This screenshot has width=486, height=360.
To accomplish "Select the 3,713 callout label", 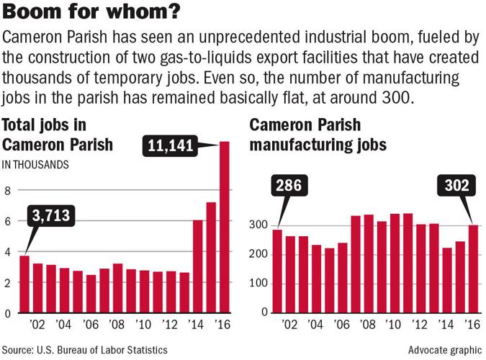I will point(54,216).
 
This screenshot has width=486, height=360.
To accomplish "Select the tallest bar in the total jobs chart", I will point(225,228).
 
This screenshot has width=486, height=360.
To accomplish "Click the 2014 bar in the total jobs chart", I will point(198,266).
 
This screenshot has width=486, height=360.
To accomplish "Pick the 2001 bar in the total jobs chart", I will point(24,284).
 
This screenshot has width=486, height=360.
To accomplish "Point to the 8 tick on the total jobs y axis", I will point(8,191).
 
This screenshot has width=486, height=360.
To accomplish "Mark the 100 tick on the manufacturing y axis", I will point(259,284).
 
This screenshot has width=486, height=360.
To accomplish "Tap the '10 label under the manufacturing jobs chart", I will point(393,325).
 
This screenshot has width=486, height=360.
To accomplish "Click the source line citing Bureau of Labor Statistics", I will point(85,349).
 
